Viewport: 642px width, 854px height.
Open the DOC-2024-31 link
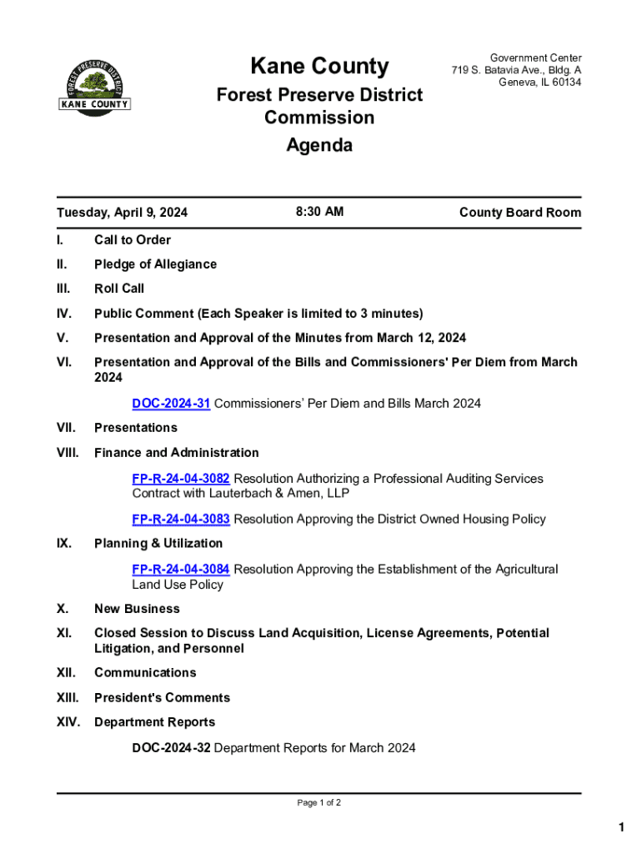coord(171,404)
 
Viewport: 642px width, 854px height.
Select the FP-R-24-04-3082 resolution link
coord(181,479)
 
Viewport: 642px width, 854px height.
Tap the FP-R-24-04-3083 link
coord(181,519)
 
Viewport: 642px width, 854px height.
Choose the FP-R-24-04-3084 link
coord(181,569)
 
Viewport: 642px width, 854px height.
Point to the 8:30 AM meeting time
coord(319,212)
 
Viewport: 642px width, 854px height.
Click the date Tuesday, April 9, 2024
coord(122,213)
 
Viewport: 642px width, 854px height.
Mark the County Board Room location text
coord(519,213)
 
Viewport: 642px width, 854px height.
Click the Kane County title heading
coord(319,66)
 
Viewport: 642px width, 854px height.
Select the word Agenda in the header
coord(319,145)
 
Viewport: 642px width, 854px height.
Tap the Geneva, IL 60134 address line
coord(539,83)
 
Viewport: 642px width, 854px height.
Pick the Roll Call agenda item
coord(119,289)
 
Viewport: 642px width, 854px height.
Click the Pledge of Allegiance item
coord(155,264)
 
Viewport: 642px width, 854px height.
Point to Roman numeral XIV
coord(68,722)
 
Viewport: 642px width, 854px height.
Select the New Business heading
coord(137,609)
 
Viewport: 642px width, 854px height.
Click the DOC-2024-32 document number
coord(171,748)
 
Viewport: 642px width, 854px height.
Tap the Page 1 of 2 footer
coord(319,803)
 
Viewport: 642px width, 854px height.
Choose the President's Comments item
coord(162,697)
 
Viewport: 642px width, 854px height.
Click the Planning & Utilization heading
coord(158,544)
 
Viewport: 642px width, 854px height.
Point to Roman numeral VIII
coord(68,453)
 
